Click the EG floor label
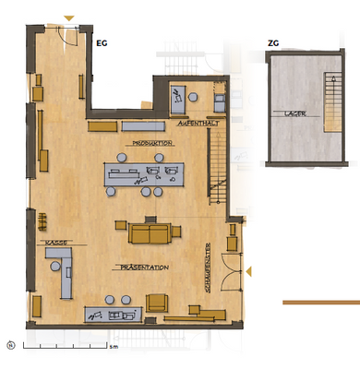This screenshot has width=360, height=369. pos(102,42)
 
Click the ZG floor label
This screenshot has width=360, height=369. pos(272,42)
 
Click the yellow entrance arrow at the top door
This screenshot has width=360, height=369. pos(69,18)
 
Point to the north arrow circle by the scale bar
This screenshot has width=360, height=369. pos(11,346)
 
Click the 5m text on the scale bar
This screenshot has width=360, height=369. pos(113,351)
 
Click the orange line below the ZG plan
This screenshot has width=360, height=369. pos(320,302)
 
